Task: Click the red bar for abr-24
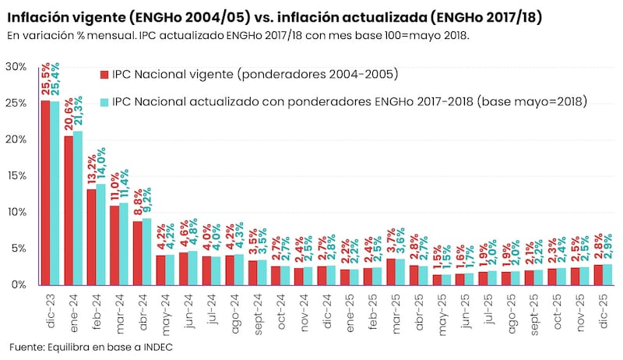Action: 138,252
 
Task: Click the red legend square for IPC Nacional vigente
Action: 104,75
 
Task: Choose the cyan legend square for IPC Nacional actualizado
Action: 104,102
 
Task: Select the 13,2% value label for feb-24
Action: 92,168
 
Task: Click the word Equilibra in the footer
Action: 68,346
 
